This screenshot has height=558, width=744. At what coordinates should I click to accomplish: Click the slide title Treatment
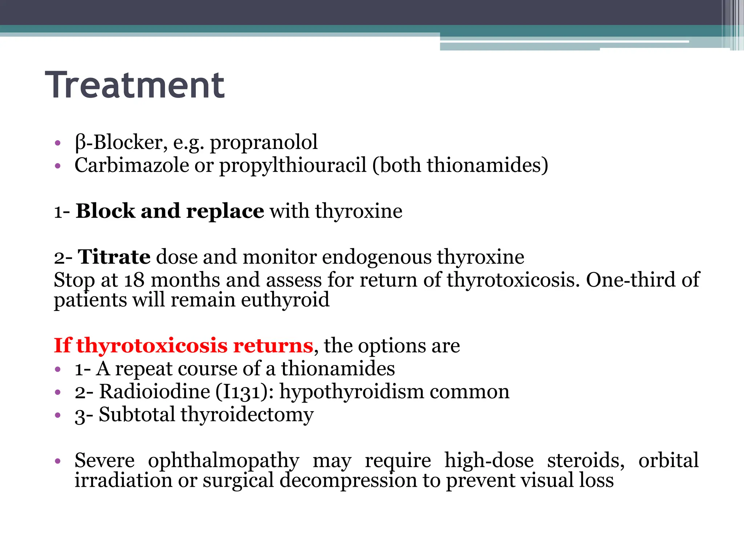[135, 85]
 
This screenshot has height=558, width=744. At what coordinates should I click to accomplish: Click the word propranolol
[264, 142]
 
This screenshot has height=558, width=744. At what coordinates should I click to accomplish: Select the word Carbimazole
[132, 165]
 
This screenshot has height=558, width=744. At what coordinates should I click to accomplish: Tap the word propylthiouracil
[293, 166]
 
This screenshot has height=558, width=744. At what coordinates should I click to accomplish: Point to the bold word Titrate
[114, 257]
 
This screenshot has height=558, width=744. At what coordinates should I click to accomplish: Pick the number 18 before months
[134, 280]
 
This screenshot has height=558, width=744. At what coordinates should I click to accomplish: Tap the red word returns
[273, 345]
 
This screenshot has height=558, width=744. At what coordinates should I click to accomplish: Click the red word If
[63, 345]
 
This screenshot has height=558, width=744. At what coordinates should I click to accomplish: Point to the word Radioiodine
[155, 392]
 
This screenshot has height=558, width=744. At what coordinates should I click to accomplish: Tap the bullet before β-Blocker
[57, 143]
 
